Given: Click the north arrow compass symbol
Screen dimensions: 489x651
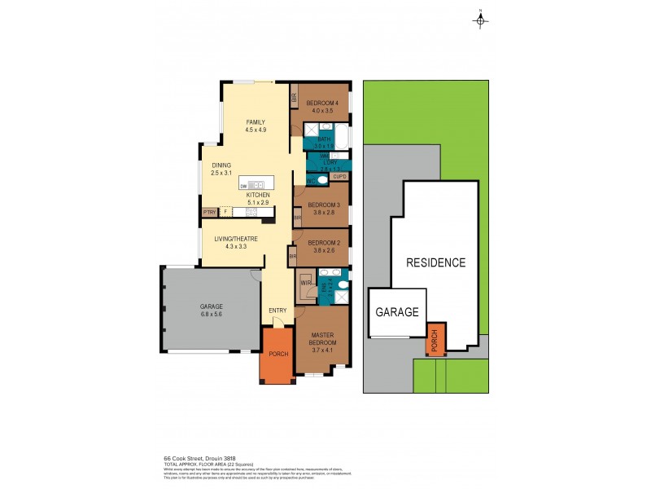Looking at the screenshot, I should pos(480,20).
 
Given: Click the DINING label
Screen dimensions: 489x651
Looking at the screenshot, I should pos(221,165).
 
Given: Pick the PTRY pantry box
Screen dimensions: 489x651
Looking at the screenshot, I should pos(208,213).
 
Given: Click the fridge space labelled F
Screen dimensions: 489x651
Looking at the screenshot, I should pos(226,213).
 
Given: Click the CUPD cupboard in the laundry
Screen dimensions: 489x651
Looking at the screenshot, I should pos(340,175).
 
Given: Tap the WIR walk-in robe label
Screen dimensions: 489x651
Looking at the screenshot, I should pos(305,284).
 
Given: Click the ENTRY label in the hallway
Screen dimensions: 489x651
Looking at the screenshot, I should pos(277,311).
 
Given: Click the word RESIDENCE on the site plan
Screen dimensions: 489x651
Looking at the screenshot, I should pos(436,262).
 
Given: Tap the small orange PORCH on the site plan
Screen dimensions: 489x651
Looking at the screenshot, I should pos(437,340).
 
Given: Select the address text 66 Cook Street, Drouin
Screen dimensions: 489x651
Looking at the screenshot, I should pos(194,458).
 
